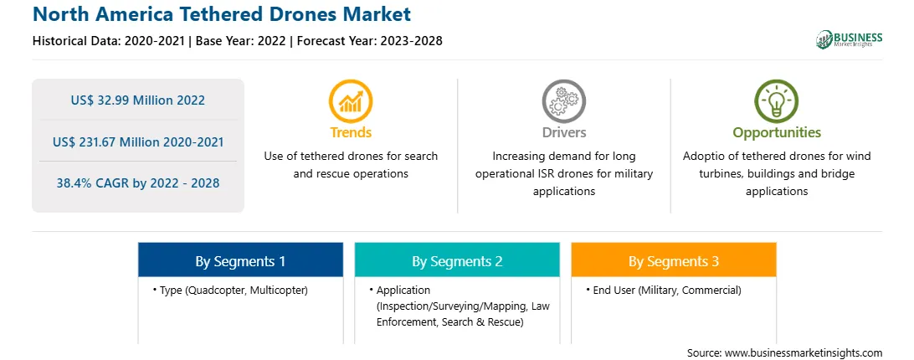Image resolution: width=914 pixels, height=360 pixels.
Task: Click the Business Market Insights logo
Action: click(x=849, y=39)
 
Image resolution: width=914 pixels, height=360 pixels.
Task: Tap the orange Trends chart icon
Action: click(x=351, y=100)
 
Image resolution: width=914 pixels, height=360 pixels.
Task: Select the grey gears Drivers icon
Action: click(x=563, y=100)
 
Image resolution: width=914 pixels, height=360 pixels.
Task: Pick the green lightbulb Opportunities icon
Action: click(x=777, y=100)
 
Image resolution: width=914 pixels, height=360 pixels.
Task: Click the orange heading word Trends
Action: click(x=351, y=132)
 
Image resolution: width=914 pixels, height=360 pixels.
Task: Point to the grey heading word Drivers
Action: click(x=563, y=132)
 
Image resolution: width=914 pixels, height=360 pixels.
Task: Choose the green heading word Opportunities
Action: click(x=777, y=133)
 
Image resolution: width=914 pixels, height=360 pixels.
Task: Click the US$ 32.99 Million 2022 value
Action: click(x=138, y=100)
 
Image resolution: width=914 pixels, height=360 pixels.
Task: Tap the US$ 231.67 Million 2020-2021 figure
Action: click(x=138, y=141)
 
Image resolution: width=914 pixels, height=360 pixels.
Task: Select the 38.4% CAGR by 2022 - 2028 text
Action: click(x=138, y=183)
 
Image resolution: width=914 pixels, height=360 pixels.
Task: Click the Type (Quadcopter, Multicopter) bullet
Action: click(x=230, y=290)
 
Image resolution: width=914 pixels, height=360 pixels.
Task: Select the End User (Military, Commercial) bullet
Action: click(x=664, y=290)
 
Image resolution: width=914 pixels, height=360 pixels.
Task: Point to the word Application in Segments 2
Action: click(x=403, y=291)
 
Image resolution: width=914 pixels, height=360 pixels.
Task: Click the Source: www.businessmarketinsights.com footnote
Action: click(x=784, y=352)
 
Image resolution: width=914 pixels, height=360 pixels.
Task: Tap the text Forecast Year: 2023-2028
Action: click(x=369, y=41)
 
